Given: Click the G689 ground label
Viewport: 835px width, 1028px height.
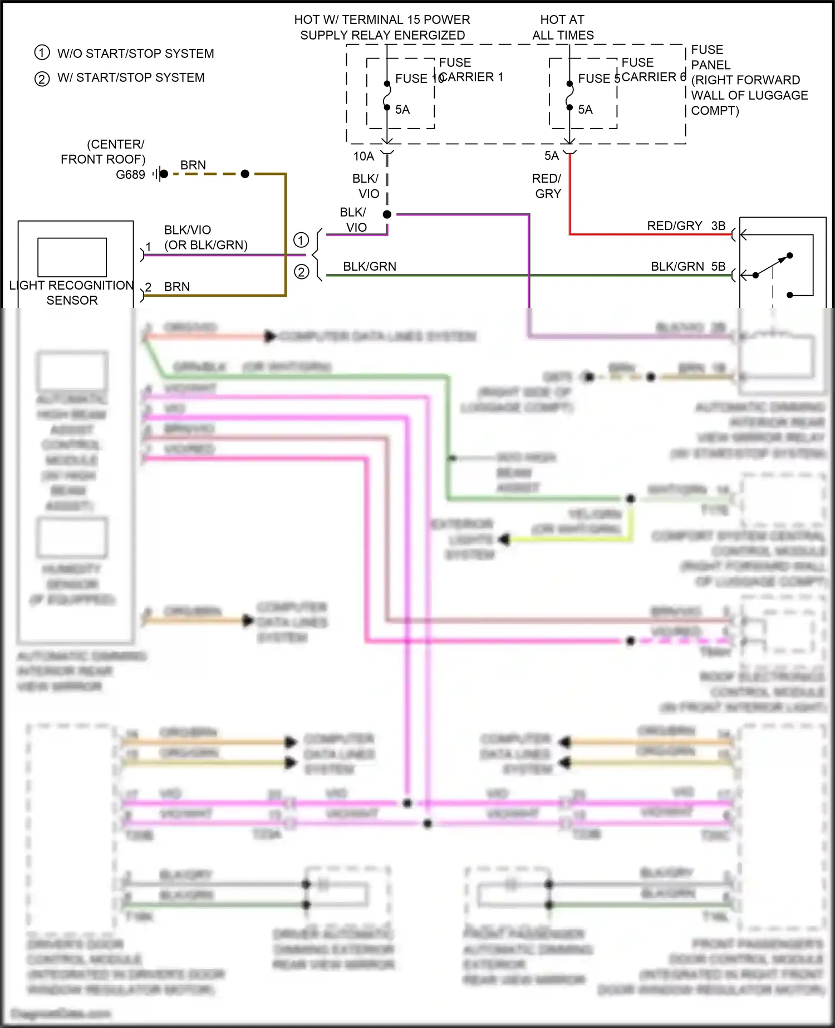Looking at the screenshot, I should point(130,175).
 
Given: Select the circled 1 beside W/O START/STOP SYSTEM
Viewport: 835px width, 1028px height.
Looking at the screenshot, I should point(42,53).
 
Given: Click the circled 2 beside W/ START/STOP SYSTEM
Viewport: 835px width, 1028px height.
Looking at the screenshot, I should point(42,79).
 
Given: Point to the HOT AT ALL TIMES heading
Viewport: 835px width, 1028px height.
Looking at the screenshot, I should point(563,27).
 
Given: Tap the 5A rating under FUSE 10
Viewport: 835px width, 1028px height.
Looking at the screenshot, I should point(402,110).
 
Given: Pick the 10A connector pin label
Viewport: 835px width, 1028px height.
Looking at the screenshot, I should point(364,156).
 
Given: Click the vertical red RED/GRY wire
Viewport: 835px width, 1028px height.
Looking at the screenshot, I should point(570,195).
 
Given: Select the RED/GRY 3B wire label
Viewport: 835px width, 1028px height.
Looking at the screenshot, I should point(686,226).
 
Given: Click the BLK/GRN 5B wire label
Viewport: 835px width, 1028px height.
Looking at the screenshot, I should point(688,267).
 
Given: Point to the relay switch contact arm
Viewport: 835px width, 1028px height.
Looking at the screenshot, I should point(773,266).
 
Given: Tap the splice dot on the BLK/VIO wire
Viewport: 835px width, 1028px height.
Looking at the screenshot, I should point(387,214).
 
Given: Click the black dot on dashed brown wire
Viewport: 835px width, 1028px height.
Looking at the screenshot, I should point(245,174).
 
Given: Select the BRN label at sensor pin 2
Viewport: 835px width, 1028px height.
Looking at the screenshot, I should point(177,287).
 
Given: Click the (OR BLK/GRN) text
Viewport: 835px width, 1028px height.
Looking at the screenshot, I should point(206,245).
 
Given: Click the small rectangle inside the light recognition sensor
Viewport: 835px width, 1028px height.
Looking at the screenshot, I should point(72,257).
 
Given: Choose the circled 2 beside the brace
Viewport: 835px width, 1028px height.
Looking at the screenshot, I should point(301,272).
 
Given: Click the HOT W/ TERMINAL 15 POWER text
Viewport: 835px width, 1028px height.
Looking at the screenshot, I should point(382,19).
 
